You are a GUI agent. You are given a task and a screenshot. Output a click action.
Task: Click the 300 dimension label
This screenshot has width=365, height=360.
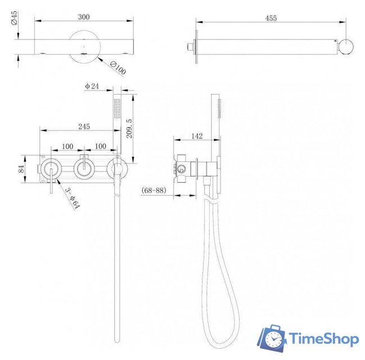coord(84,17)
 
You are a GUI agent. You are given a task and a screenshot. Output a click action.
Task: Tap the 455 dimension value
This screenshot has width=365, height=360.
coord(271,18)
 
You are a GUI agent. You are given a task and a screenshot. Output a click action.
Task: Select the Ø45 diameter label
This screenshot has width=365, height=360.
coord(14,18)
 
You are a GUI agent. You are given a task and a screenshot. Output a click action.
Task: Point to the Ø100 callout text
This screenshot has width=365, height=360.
coord(118,67)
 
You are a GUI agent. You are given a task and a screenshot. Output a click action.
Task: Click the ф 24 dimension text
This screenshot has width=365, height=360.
coord(92,86)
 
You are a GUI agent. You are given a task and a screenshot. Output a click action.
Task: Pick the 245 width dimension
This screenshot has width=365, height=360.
coord(84,127)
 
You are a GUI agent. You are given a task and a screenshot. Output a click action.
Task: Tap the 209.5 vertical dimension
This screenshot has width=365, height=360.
coord(129,128)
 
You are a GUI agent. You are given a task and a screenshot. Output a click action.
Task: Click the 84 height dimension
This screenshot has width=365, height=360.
coord(21,169)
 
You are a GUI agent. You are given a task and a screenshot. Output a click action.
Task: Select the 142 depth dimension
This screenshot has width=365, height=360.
coord(197,136)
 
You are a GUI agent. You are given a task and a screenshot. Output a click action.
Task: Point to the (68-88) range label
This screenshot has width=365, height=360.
coord(154,190)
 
